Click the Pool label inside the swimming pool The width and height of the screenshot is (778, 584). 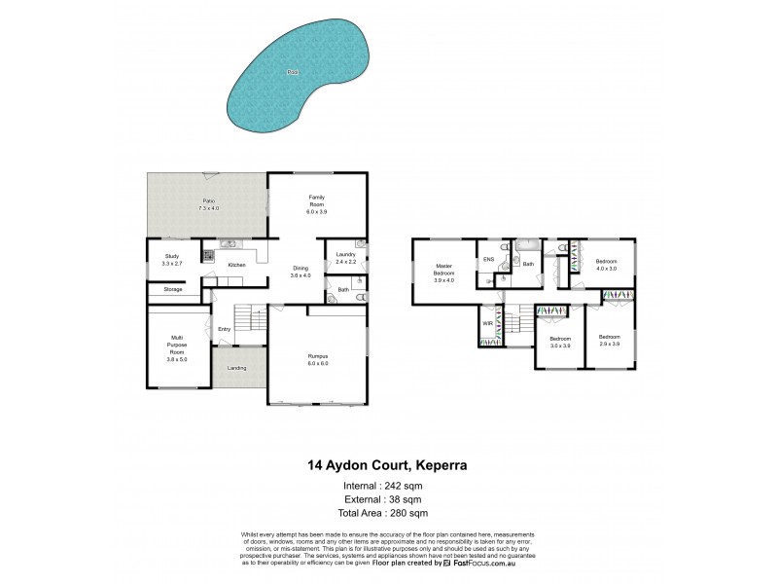pos(293,72)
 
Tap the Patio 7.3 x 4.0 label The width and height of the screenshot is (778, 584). pos(209,205)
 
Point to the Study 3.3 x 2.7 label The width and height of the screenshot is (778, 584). pos(172,260)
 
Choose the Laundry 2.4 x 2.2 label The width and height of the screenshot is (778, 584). pos(345,258)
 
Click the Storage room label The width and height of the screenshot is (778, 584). pos(173,289)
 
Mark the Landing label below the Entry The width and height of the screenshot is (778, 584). pos(236,368)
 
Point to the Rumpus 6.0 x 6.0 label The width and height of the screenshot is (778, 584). pos(317,360)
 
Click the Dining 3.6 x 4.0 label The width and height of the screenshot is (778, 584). pos(299,273)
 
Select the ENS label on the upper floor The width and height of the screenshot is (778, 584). pos(488,260)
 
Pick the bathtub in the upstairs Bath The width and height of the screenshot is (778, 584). pos(528,246)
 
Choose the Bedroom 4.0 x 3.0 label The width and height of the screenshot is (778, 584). pos(606,266)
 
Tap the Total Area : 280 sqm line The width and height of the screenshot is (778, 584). pos(383,512)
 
